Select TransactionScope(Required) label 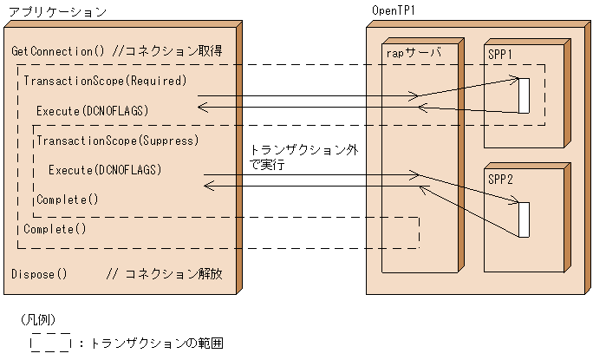[105, 82]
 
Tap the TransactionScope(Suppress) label [118, 140]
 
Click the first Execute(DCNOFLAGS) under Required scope [93, 111]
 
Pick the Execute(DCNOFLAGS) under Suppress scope [105, 169]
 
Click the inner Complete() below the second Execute [67, 200]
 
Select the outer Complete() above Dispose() [55, 229]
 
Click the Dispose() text [39, 273]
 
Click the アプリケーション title [57, 12]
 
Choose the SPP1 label [500, 54]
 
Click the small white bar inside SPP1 [523, 95]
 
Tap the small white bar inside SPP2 [523, 219]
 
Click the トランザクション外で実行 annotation [303, 156]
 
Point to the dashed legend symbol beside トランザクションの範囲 [50, 343]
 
